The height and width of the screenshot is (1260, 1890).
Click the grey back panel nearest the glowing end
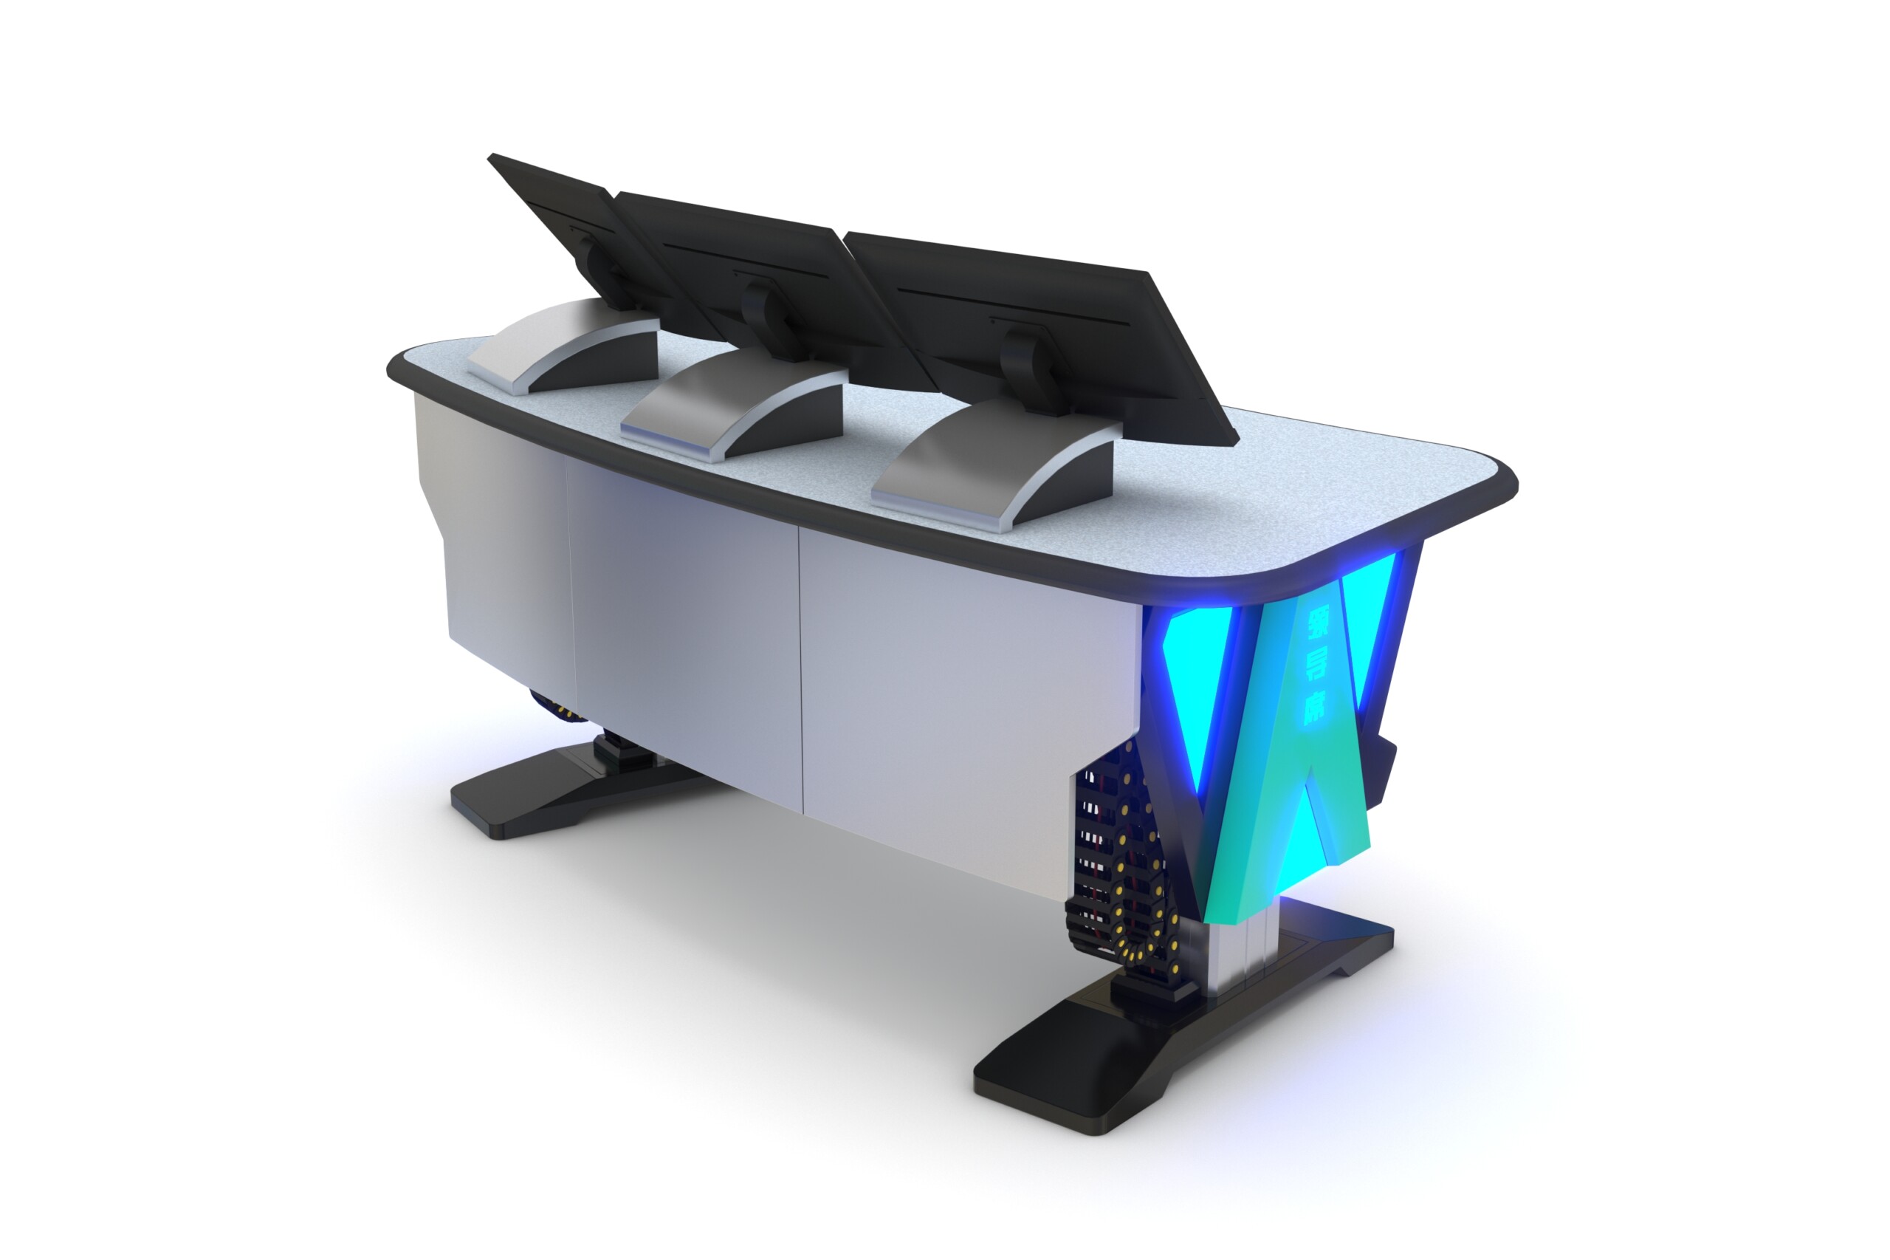pos(964,691)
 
